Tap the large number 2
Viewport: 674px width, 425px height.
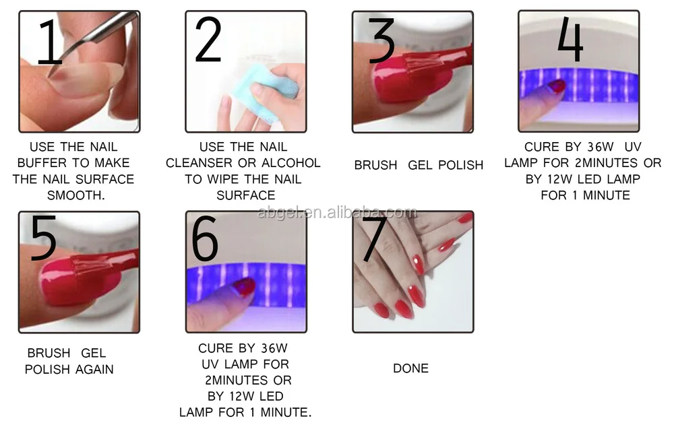(208, 40)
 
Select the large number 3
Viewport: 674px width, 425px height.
(381, 40)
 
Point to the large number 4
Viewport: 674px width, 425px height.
(570, 39)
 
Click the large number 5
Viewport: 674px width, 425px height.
(43, 238)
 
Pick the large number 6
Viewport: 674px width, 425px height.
(205, 238)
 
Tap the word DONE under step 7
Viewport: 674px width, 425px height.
(410, 368)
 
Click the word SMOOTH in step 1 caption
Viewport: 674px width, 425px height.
(74, 195)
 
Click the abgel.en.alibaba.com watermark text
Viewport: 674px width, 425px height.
(337, 212)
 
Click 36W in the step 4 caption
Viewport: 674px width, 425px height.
(601, 147)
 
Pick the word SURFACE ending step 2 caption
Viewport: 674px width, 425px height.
(245, 195)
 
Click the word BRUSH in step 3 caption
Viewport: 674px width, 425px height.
(375, 165)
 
